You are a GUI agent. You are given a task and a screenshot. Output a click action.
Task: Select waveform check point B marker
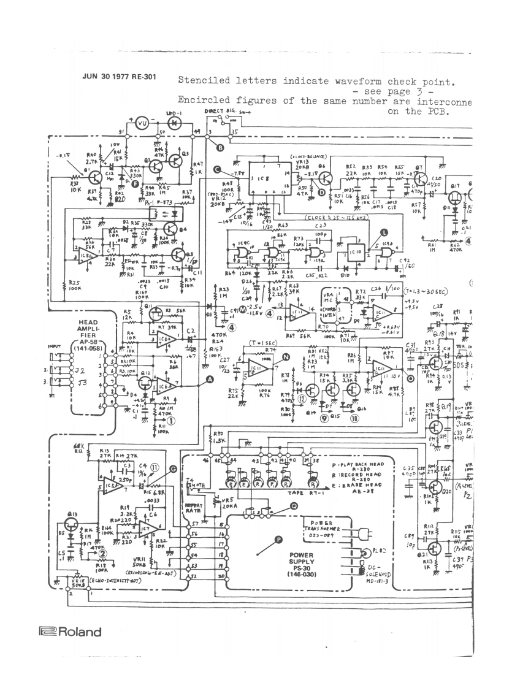[x=221, y=147]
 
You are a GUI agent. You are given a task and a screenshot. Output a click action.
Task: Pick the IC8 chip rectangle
[x=267, y=178]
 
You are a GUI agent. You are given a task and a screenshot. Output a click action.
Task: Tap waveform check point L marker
[x=384, y=232]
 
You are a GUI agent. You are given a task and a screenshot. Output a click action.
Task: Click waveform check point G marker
[x=172, y=468]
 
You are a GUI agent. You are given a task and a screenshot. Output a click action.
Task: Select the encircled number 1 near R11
[x=171, y=421]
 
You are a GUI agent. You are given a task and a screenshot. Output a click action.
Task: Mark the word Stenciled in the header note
[x=201, y=81]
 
